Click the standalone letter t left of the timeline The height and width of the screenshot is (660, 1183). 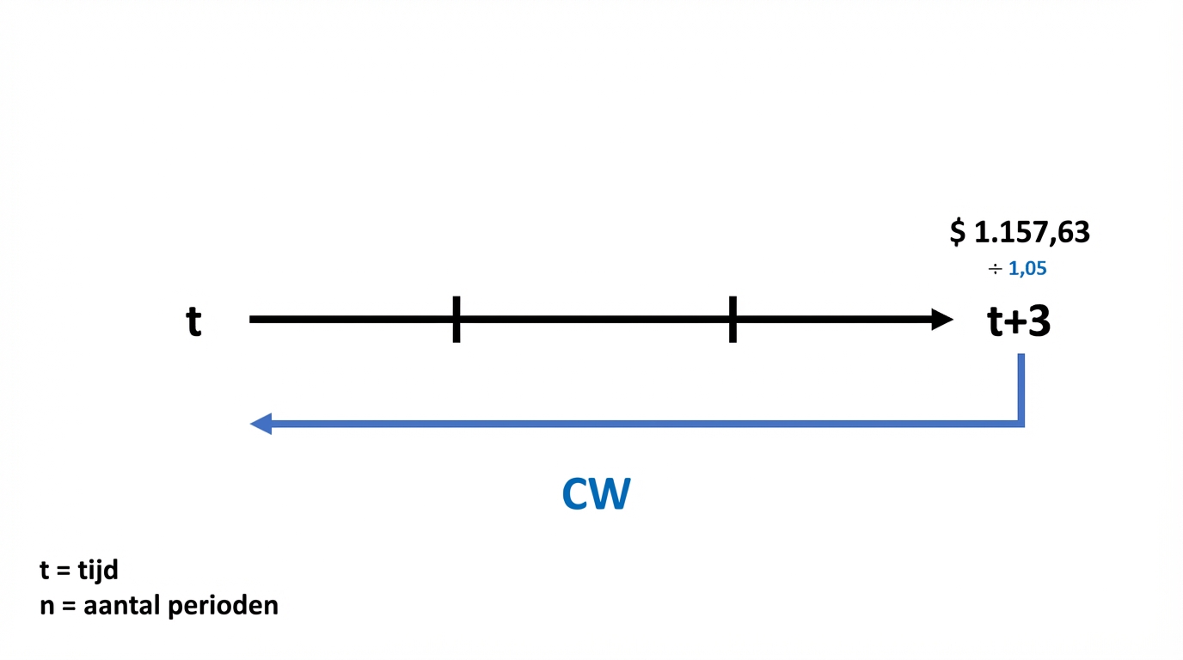[x=194, y=322]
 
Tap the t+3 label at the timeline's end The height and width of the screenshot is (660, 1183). [x=1019, y=322]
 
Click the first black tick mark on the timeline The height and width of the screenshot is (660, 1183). [x=457, y=320]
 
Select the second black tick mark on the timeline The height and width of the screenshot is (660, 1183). [x=732, y=320]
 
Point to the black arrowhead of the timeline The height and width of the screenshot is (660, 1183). [x=942, y=320]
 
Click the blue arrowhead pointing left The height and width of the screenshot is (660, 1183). [x=261, y=424]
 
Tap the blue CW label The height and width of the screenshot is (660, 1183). [x=596, y=494]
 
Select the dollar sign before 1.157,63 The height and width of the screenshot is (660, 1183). [x=958, y=232]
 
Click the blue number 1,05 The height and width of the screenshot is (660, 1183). [x=1027, y=269]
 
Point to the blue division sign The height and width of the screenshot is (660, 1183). [x=996, y=270]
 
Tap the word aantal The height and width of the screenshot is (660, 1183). [x=121, y=605]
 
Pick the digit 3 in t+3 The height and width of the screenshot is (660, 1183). [x=1038, y=322]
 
